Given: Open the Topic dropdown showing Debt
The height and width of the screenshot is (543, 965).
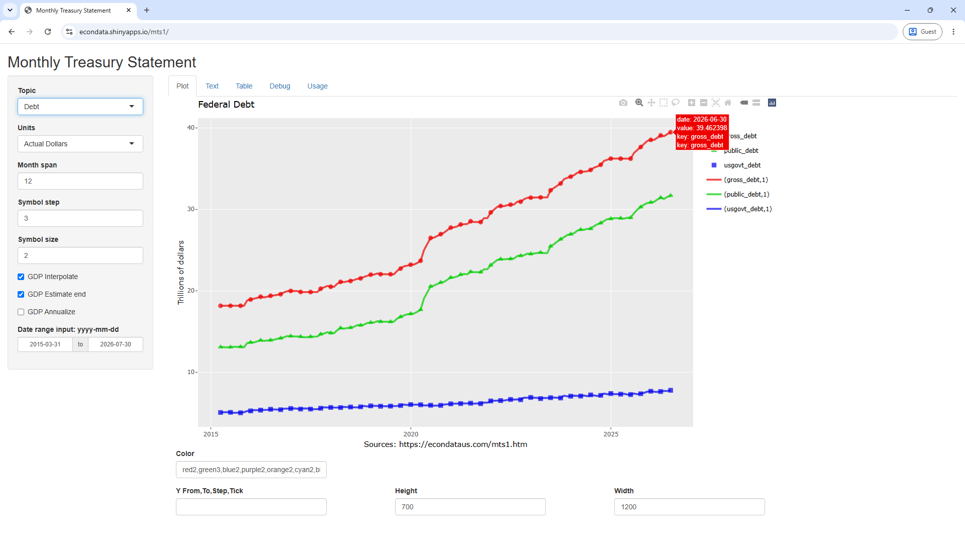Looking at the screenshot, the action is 80,107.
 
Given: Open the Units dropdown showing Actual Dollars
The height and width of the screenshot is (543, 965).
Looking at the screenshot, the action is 80,144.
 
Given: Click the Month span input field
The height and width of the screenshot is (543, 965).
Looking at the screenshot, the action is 80,181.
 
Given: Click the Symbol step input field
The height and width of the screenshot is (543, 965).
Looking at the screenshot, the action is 80,218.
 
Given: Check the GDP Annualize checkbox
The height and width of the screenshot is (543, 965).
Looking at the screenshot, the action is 21,312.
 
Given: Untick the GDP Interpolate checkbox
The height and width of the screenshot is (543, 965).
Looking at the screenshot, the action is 21,277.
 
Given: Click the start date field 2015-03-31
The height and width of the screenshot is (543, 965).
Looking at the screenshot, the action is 45,344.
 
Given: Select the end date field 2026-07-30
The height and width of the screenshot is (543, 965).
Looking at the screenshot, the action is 116,344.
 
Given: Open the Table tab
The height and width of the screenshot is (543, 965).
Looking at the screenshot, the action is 244,86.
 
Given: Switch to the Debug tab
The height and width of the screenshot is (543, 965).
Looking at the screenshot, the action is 280,86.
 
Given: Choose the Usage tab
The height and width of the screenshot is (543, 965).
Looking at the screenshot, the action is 318,86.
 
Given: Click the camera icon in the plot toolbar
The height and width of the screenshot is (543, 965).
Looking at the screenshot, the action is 623,103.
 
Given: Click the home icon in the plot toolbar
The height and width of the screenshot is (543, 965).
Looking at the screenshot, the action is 728,103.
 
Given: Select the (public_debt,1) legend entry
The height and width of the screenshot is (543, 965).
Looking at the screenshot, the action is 738,194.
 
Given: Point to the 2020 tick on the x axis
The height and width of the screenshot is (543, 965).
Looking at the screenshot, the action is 411,434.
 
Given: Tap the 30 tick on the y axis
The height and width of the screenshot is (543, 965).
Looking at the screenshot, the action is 191,209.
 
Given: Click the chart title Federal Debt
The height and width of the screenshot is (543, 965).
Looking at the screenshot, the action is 226,105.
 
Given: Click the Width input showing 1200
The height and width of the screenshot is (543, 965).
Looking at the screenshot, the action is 689,507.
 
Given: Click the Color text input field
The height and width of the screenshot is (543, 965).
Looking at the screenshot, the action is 251,470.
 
